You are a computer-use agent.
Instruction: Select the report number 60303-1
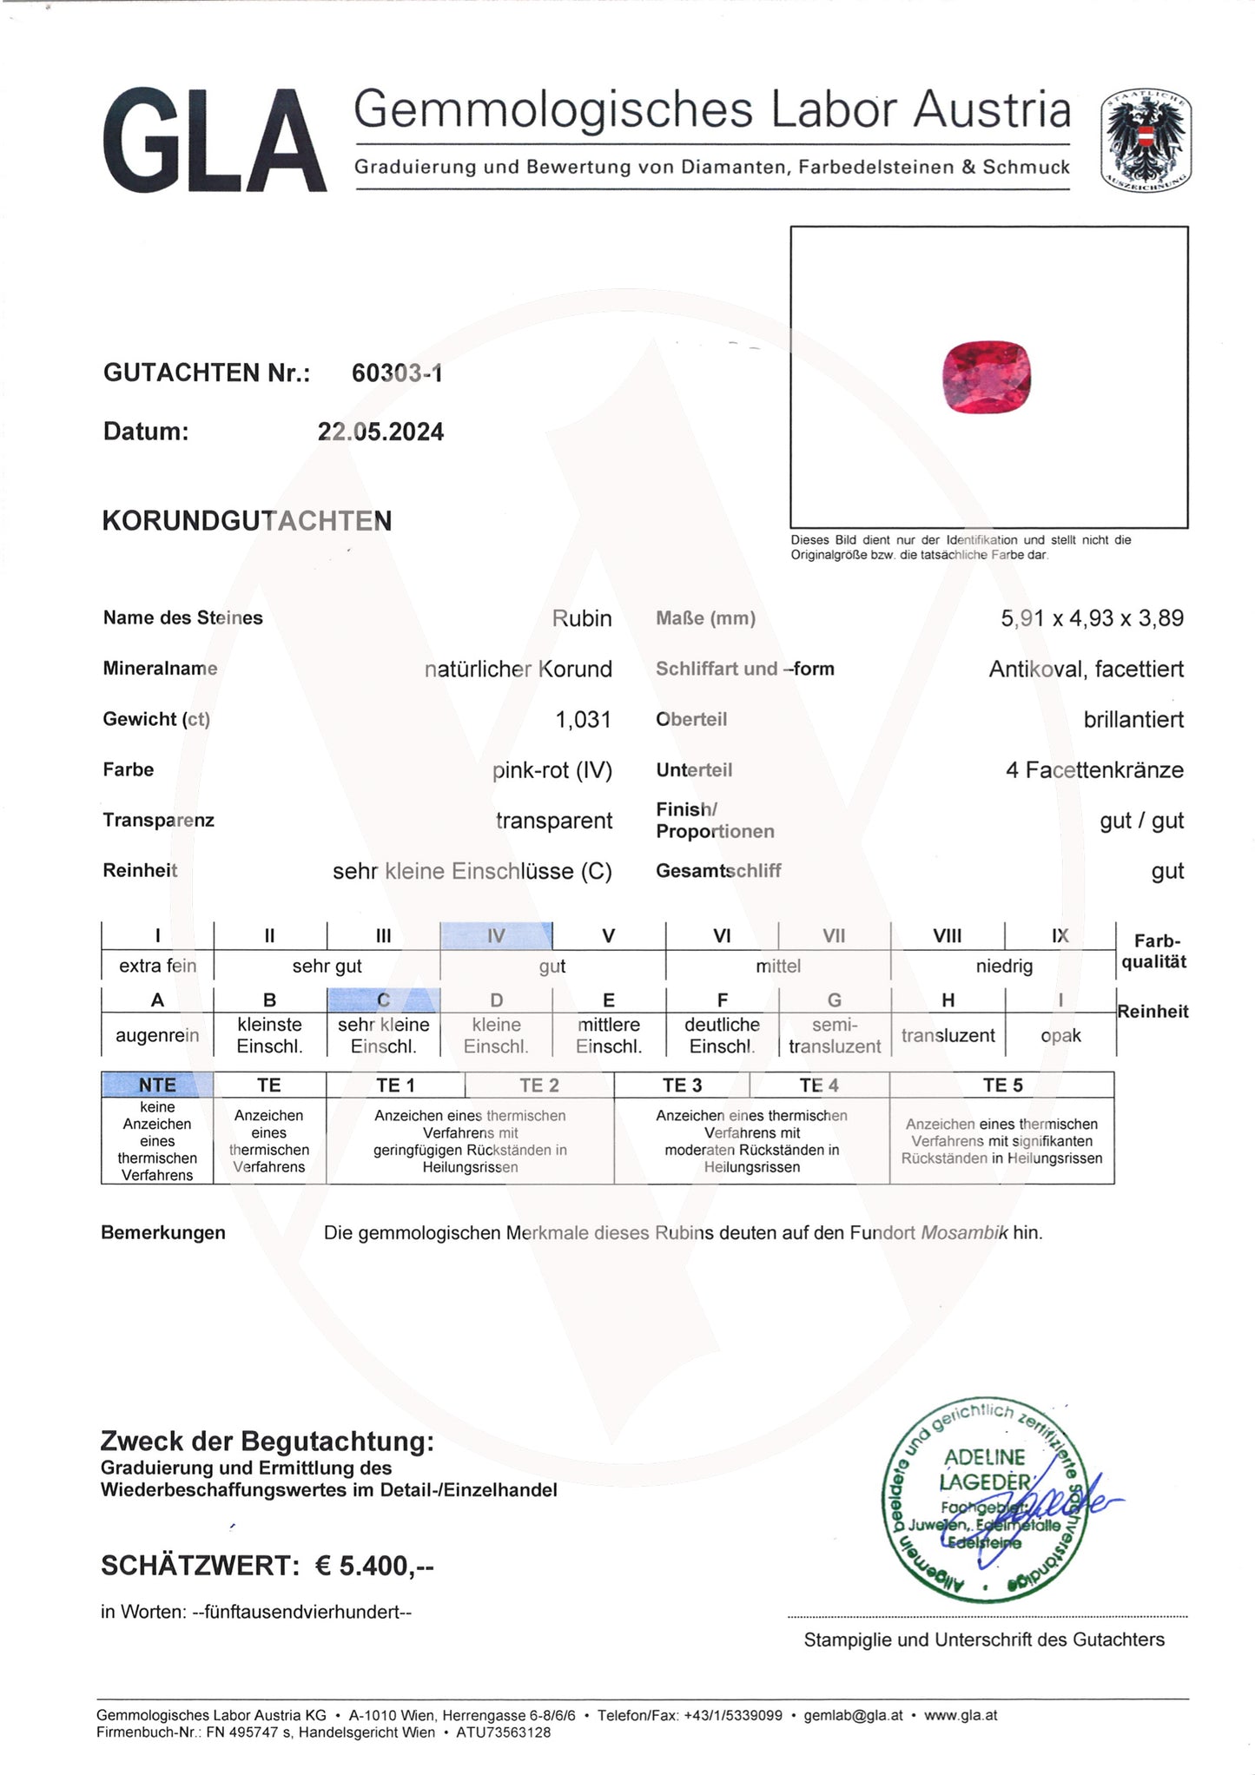click(x=397, y=373)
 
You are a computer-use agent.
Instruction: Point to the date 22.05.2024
click(x=380, y=432)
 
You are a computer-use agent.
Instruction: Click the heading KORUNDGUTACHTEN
click(x=248, y=521)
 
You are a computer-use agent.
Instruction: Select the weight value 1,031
click(x=583, y=720)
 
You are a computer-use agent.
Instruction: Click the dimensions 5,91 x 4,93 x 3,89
click(x=1092, y=618)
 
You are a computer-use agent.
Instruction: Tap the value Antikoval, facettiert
click(x=1086, y=670)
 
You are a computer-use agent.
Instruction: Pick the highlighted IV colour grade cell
click(x=496, y=936)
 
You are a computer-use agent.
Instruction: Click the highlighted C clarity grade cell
click(x=383, y=1000)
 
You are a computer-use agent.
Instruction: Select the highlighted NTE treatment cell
click(x=157, y=1085)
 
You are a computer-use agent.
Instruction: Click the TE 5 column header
click(x=1001, y=1085)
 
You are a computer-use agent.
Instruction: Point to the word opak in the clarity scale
click(x=1060, y=1036)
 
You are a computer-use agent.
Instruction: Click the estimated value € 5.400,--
click(x=373, y=1567)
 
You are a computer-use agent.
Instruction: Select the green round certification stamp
click(x=981, y=1502)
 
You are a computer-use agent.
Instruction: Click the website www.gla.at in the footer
click(x=960, y=1716)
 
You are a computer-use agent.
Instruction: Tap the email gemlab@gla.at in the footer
click(x=853, y=1716)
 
